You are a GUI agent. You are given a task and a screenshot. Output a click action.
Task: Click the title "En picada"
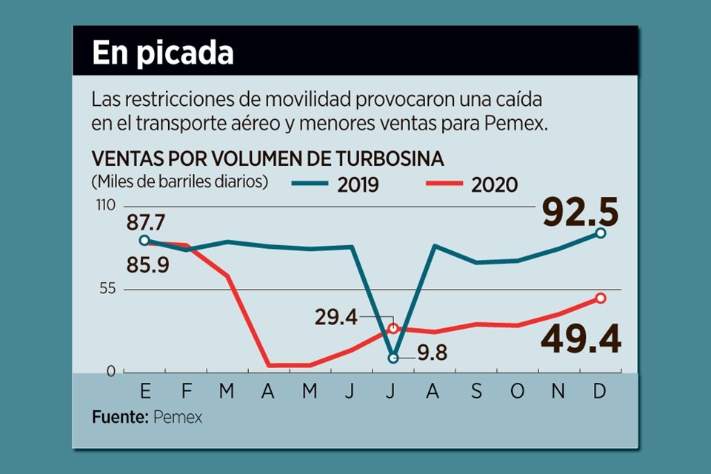pos(162,53)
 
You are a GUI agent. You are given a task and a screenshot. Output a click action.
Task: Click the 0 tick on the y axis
pos(110,371)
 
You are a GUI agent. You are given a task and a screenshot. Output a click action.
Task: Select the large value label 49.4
pos(580,340)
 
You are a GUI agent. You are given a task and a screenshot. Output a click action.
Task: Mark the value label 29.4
pos(336,318)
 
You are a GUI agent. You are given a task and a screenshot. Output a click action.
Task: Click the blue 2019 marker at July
pos(393,358)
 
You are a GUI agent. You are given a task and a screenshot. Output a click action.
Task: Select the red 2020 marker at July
pos(393,327)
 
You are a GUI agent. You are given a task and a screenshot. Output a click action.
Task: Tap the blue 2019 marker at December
pos(601,233)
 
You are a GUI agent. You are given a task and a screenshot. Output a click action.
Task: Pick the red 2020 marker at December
pos(601,298)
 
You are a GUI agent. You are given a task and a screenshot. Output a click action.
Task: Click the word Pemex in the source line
pos(178,417)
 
